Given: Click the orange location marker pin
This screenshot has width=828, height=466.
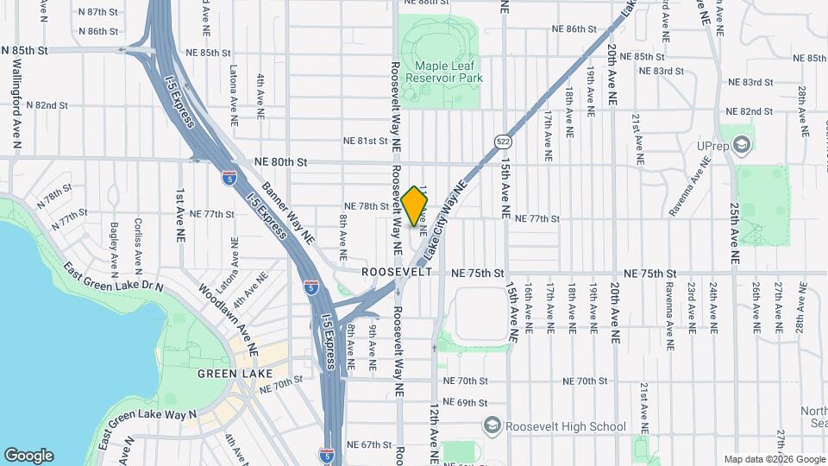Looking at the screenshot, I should point(415,206).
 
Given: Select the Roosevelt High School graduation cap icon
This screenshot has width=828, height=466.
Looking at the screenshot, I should point(491,425).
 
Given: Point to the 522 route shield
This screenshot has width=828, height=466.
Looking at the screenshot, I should point(503,141).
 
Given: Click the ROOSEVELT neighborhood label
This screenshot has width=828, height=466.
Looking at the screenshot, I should point(397,272).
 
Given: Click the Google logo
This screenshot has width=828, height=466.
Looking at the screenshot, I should point(28,456).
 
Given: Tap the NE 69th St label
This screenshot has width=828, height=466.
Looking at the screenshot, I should point(465,403).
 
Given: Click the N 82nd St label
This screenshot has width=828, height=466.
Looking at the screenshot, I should point(47,105).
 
